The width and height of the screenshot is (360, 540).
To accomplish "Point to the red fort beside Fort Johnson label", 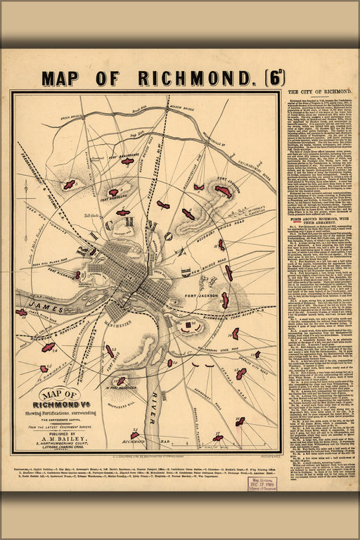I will point(223,191).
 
